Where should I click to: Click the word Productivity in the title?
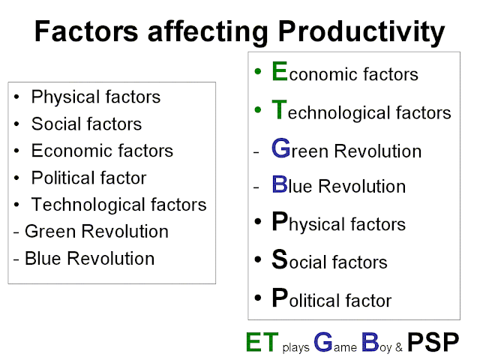tap(361, 31)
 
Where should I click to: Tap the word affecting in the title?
tap(208, 31)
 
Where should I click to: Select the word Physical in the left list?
tap(66, 97)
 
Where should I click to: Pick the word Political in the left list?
tap(64, 178)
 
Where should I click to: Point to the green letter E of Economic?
tap(280, 71)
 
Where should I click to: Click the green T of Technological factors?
tap(279, 109)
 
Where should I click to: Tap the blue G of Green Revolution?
tap(280, 148)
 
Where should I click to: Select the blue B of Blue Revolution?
tap(280, 184)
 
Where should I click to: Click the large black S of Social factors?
tap(280, 259)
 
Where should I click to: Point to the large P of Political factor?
tap(280, 297)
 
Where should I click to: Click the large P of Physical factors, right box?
tap(280, 221)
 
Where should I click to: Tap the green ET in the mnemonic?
tap(262, 342)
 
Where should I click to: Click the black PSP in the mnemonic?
tap(433, 342)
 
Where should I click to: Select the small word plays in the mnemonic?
tap(295, 347)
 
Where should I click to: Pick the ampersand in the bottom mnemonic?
tap(398, 347)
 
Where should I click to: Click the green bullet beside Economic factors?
tap(258, 71)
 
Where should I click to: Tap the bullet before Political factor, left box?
tap(16, 178)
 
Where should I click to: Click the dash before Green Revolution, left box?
tap(16, 232)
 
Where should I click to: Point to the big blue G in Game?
tap(323, 342)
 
